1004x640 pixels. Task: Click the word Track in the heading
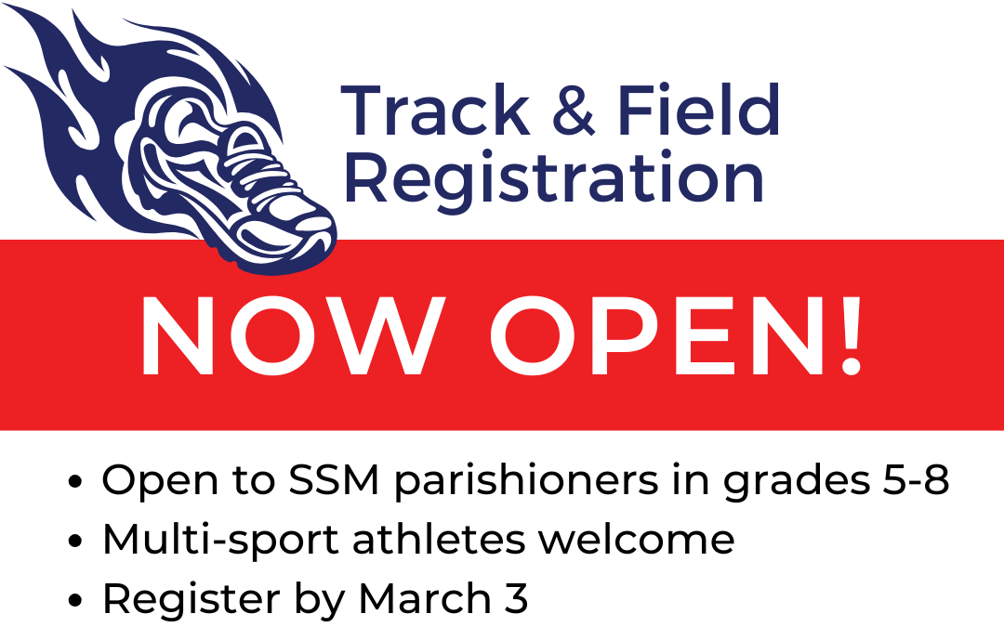click(x=435, y=111)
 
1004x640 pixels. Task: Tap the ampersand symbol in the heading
click(x=574, y=111)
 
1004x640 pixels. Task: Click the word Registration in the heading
click(x=554, y=179)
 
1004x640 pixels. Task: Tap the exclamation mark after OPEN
click(x=851, y=336)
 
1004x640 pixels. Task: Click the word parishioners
click(x=525, y=481)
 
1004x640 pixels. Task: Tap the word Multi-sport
click(x=220, y=541)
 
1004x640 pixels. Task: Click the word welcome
click(x=637, y=540)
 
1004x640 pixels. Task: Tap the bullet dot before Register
click(x=75, y=601)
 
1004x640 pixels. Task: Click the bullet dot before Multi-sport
click(x=75, y=542)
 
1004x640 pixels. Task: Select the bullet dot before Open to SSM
click(x=75, y=482)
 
